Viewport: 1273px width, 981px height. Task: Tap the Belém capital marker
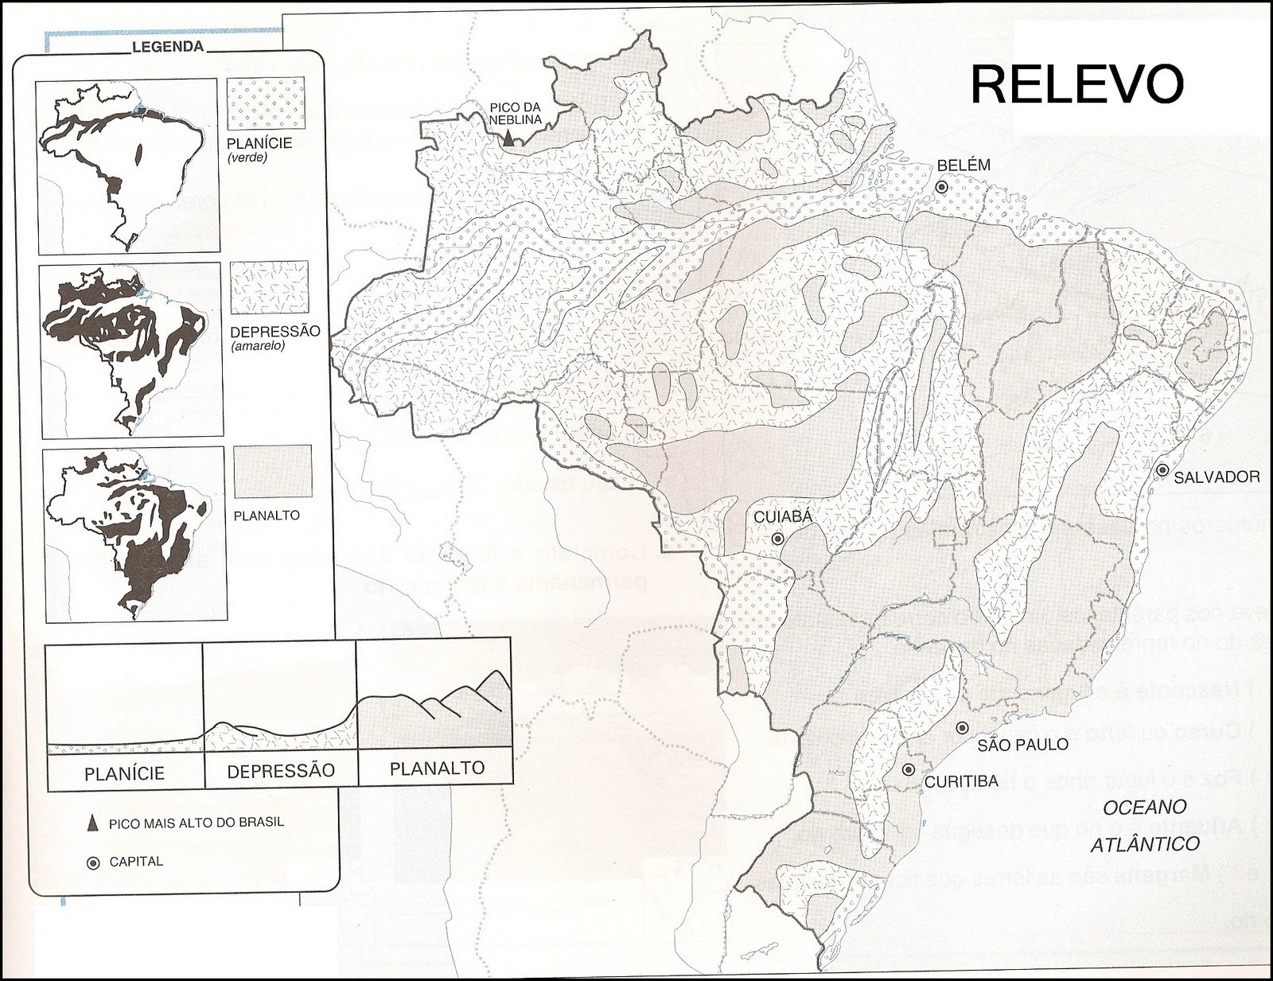(x=941, y=187)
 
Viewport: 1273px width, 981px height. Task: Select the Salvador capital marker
(x=1162, y=470)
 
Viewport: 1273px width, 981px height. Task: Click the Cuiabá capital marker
(x=777, y=539)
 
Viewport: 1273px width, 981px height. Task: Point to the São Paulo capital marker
(x=962, y=727)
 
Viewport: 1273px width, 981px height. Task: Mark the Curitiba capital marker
(x=908, y=769)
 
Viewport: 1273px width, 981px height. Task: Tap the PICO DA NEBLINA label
(x=516, y=113)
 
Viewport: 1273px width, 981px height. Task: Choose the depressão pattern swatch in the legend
(x=269, y=287)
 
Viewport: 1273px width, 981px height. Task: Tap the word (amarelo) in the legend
(x=257, y=346)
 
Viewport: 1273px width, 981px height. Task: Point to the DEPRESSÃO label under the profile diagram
(x=281, y=771)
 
